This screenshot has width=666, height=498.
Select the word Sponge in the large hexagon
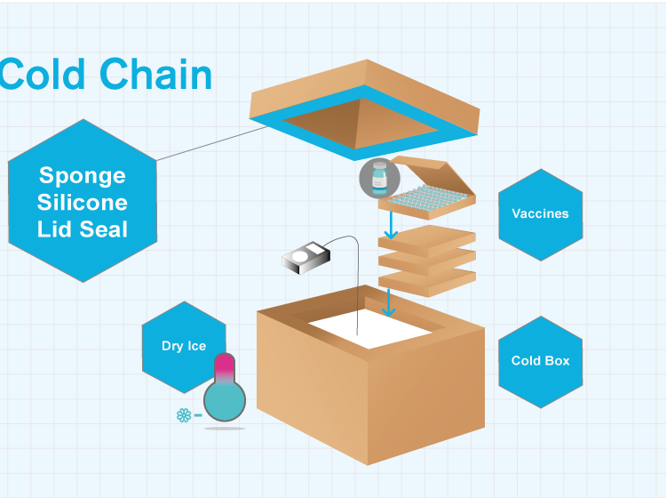click(x=83, y=175)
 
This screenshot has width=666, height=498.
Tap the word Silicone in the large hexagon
click(x=83, y=202)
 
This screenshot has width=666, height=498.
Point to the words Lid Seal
click(x=83, y=229)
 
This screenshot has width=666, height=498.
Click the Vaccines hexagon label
click(x=540, y=213)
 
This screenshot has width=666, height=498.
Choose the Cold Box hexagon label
click(x=540, y=361)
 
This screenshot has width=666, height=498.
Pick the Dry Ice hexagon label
click(x=184, y=346)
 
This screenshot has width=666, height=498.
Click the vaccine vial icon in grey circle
click(x=379, y=178)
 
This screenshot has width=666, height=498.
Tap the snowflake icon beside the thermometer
click(x=184, y=414)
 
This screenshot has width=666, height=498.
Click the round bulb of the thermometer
click(x=225, y=400)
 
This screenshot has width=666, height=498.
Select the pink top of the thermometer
click(x=225, y=364)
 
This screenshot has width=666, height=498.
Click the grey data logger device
click(x=305, y=258)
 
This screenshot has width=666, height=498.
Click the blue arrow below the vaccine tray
click(x=389, y=226)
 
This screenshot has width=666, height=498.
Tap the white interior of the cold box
click(x=373, y=331)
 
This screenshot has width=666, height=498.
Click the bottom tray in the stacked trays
click(x=427, y=280)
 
